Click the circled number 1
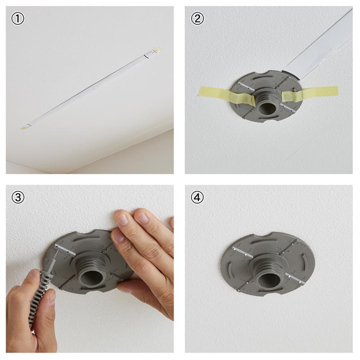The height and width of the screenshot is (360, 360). coord(18,19)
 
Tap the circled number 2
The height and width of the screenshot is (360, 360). coord(197,19)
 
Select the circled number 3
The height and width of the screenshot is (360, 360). coord(18,197)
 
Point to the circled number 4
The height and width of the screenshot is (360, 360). coord(197,197)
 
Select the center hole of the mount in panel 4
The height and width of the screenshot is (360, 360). coord(269,279)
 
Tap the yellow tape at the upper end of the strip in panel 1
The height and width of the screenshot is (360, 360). coord(157,49)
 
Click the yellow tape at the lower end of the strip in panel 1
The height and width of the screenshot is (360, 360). coord(24,127)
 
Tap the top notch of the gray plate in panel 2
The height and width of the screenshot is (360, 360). coord(265,73)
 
